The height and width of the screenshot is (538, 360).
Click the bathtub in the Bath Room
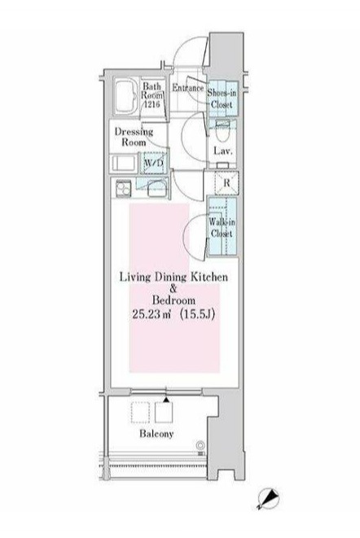tap(126, 98)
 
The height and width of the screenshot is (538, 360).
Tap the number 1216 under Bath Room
tap(151, 103)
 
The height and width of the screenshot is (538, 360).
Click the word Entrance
tap(187, 88)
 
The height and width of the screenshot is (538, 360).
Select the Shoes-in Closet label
tap(222, 98)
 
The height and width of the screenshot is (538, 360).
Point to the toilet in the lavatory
tap(222, 131)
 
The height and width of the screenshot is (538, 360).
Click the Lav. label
tap(223, 151)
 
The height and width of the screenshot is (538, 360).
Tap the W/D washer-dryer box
tap(153, 163)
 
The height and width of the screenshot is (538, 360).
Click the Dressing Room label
tap(134, 137)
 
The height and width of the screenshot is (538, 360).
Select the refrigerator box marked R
tap(226, 182)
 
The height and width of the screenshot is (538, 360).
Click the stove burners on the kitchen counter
tap(123, 188)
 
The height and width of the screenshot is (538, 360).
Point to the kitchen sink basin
tap(157, 189)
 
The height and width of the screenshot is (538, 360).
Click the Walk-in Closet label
tap(222, 227)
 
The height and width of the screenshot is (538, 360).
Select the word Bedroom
tap(173, 300)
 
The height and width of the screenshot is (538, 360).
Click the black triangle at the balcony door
tap(166, 400)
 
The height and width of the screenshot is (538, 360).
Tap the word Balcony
tap(156, 434)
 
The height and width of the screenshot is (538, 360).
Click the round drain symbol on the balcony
tap(200, 445)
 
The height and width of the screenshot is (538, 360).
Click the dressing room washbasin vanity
tap(123, 163)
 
